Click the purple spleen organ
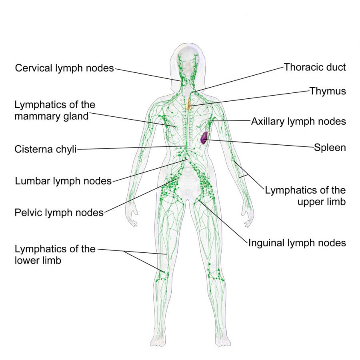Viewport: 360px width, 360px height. tap(204, 138)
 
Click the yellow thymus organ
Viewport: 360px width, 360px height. tap(189, 104)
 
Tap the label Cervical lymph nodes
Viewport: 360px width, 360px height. tap(64, 68)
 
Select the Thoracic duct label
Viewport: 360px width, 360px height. tap(315, 67)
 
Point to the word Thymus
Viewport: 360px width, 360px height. tap(328, 91)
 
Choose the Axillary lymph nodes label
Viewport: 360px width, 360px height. tap(298, 122)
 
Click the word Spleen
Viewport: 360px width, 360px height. tap(330, 147)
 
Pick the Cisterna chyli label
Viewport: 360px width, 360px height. tap(46, 149)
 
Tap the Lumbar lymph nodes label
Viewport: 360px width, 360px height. tap(63, 181)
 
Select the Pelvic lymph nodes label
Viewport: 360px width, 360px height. tap(59, 213)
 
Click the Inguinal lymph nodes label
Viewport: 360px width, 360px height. tap(297, 243)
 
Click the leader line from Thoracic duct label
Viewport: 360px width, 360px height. tap(238, 80)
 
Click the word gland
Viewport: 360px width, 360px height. tap(76, 116)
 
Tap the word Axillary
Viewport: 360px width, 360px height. tap(268, 122)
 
